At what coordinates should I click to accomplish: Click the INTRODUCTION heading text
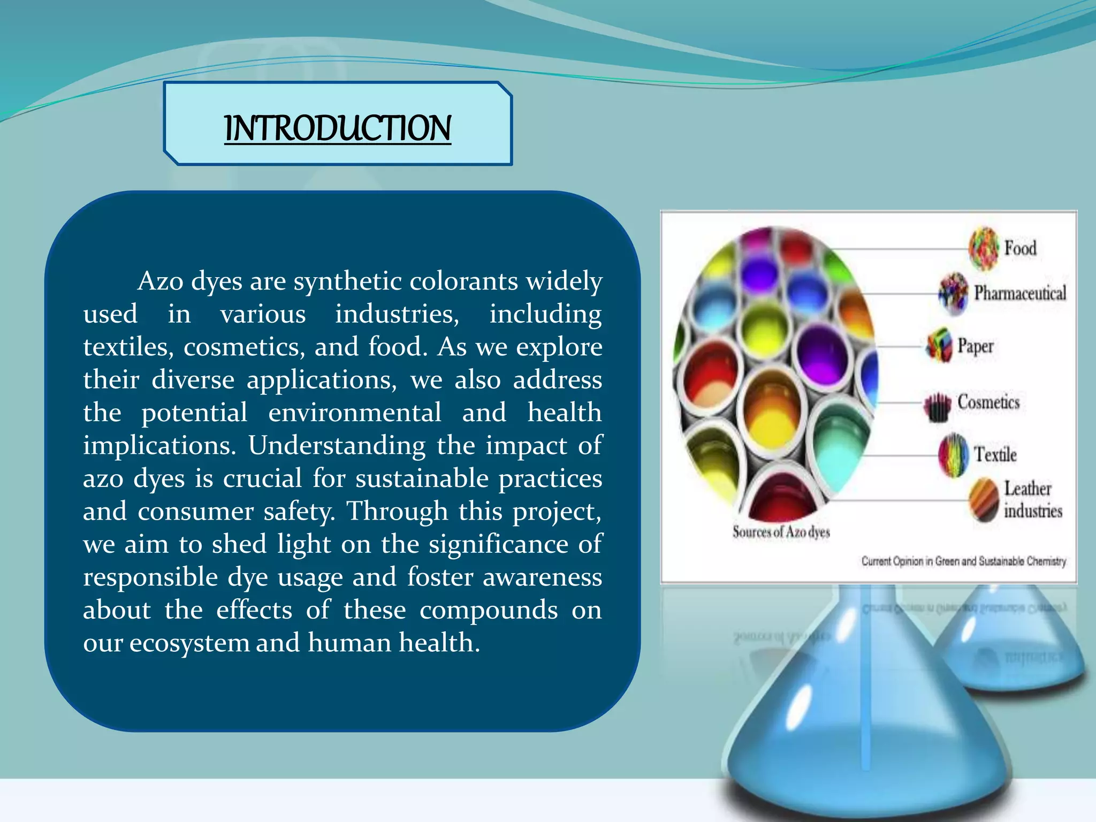(x=338, y=128)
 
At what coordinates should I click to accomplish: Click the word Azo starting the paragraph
(x=159, y=281)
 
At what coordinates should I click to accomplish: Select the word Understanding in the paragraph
(x=337, y=446)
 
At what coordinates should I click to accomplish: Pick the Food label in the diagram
(x=1020, y=248)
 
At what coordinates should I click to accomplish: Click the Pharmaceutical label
(x=1019, y=293)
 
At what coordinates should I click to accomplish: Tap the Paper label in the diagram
(x=975, y=346)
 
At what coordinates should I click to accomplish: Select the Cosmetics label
(x=988, y=402)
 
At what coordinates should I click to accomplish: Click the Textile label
(x=995, y=454)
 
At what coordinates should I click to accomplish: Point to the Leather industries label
(x=1032, y=499)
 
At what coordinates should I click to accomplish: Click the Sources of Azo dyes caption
(x=781, y=532)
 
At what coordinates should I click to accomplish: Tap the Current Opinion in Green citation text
(x=963, y=561)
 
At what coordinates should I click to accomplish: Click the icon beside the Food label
(x=984, y=248)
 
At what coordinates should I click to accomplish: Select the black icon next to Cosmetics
(x=937, y=407)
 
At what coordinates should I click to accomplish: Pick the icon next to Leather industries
(x=984, y=501)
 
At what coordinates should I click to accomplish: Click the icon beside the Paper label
(x=939, y=345)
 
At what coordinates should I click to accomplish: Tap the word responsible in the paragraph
(x=150, y=577)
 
